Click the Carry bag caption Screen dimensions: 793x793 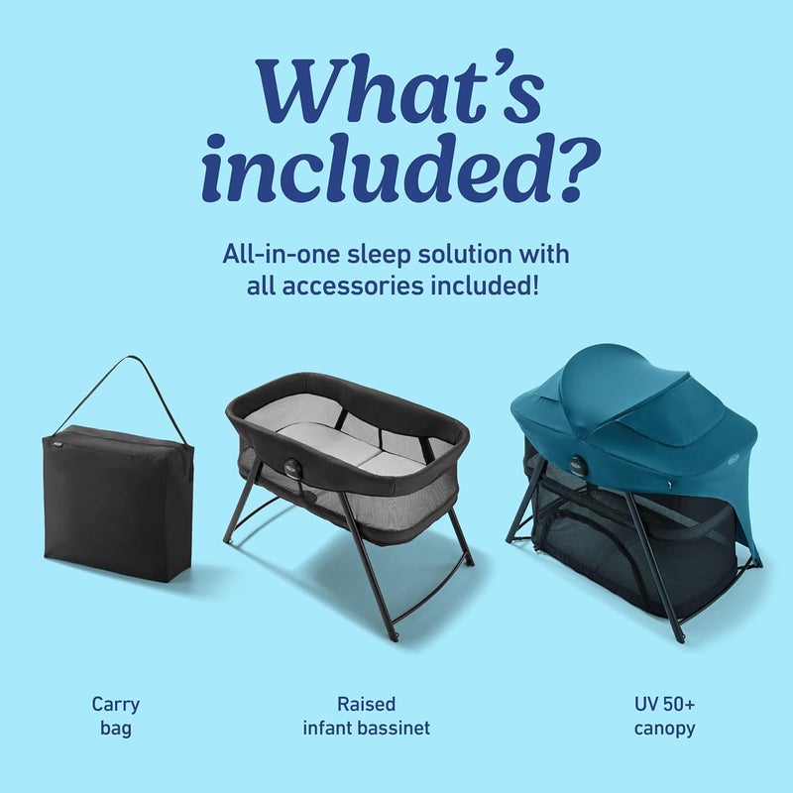coord(116,717)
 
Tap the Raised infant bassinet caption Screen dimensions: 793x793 coord(366,717)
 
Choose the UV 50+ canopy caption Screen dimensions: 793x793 coord(664,717)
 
